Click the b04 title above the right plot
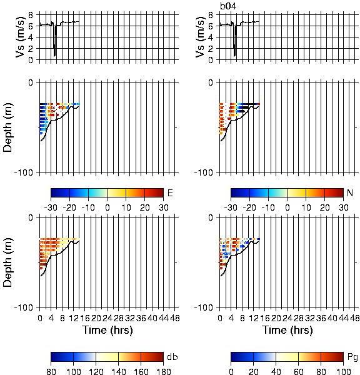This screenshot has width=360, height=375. click(228, 6)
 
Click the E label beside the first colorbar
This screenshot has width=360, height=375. click(170, 192)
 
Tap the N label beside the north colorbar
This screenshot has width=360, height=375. click(350, 192)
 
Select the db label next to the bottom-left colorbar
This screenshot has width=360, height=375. click(172, 357)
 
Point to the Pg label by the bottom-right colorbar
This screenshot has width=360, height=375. click(352, 357)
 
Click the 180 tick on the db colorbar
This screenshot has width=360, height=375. click(163, 371)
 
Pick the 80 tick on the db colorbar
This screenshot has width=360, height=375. click(51, 371)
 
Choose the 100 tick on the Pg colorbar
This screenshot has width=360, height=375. click(343, 371)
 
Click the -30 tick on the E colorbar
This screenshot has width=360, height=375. click(51, 207)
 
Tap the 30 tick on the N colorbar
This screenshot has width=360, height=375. click(343, 207)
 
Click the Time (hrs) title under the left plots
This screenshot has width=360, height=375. click(107, 330)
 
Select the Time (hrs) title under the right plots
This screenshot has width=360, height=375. click(287, 330)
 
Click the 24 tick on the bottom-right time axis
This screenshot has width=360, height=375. click(287, 318)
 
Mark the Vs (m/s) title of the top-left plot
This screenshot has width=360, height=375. click(21, 37)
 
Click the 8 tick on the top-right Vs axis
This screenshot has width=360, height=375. click(211, 15)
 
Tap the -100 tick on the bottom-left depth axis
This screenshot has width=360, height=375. click(24, 307)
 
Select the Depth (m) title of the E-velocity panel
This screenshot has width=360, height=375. click(7, 127)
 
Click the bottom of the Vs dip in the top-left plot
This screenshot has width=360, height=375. click(54, 56)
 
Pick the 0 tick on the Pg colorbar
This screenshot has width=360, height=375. click(231, 371)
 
